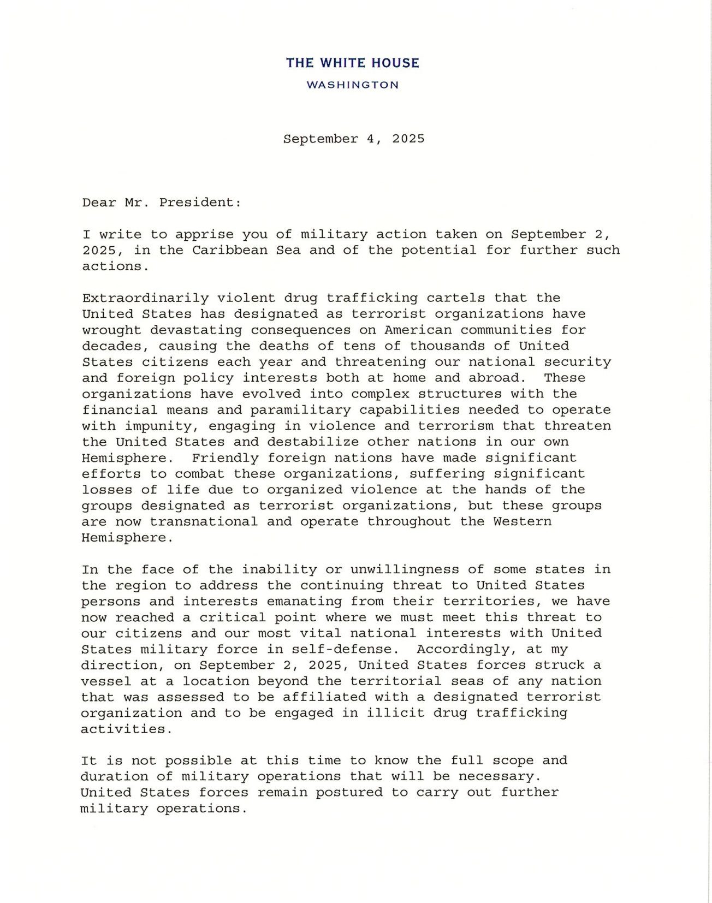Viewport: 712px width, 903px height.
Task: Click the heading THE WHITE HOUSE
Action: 353,63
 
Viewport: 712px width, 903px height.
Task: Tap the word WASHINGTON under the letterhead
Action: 353,85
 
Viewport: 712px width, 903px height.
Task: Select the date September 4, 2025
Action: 354,139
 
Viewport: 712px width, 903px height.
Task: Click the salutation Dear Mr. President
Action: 162,203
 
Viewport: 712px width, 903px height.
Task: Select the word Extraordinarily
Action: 145,298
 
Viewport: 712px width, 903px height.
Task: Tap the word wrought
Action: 111,330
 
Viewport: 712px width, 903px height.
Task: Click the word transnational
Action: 204,522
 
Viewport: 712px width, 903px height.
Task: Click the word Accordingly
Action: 463,650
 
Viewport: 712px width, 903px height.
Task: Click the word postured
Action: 349,793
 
